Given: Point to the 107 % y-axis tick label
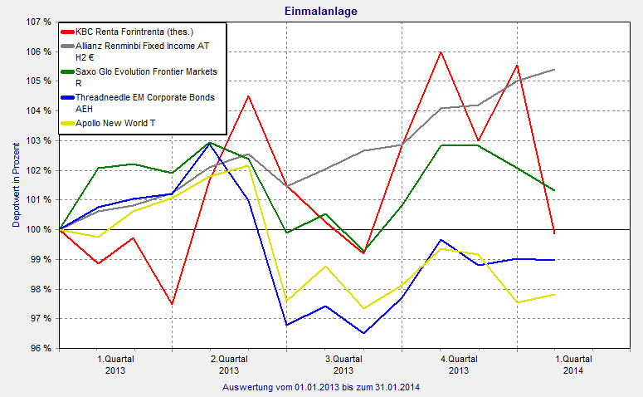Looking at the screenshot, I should tap(40, 22).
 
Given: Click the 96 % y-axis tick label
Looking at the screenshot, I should tap(42, 348).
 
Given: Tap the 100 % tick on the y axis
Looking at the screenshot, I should tap(40, 229).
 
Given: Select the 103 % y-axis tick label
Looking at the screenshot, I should tap(40, 140).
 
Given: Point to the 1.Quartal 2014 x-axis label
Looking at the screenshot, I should tap(572, 365).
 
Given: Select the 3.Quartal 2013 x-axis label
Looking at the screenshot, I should tap(343, 365).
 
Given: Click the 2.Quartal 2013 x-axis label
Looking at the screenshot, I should tap(229, 365).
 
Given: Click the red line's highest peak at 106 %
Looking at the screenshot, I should tap(441, 51).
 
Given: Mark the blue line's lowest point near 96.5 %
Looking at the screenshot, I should tap(363, 333).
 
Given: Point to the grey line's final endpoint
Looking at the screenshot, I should tap(554, 70).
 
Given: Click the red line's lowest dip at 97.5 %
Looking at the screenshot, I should tap(172, 304).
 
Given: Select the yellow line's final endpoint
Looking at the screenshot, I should tap(554, 294).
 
